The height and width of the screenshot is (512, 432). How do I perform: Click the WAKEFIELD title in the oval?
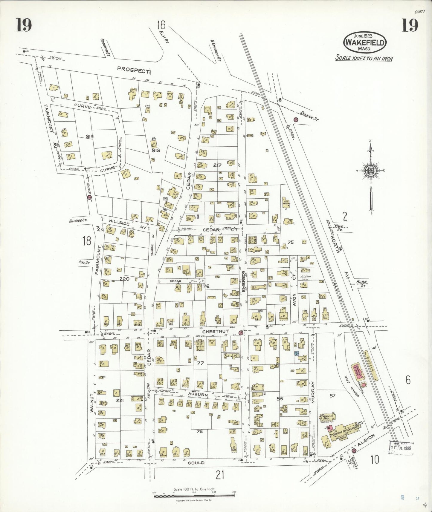pyautogui.click(x=365, y=42)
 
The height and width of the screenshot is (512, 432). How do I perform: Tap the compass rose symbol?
pyautogui.click(x=371, y=171)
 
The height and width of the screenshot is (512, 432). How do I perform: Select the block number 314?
pyautogui.click(x=90, y=137)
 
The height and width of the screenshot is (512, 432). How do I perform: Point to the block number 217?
pyautogui.click(x=217, y=165)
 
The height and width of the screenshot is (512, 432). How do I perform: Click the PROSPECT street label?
pyautogui.click(x=133, y=69)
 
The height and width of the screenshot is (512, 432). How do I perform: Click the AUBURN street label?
pyautogui.click(x=198, y=395)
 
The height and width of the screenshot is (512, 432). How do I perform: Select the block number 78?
pyautogui.click(x=200, y=431)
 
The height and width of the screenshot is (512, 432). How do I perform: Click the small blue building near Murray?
pyautogui.click(x=297, y=353)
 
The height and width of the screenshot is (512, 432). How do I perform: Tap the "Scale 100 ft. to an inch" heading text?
pyautogui.click(x=364, y=58)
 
